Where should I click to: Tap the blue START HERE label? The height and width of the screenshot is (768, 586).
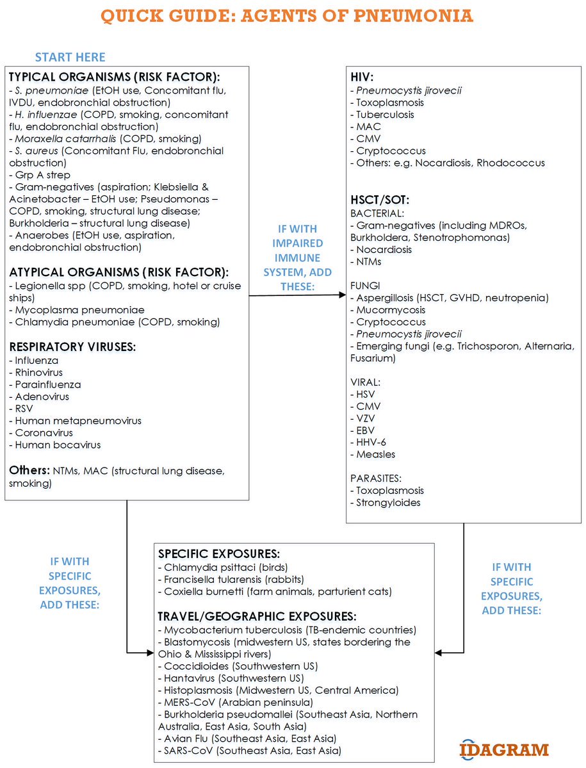pyautogui.click(x=70, y=58)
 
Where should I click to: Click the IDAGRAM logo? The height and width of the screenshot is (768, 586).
pyautogui.click(x=504, y=749)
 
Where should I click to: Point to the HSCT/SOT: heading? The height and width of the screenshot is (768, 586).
pyautogui.click(x=380, y=199)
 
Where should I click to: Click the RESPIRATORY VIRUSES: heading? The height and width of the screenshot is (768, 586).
pyautogui.click(x=74, y=347)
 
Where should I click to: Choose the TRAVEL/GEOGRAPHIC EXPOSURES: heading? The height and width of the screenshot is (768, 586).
pyautogui.click(x=257, y=617)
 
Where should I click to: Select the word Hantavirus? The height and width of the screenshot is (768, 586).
pyautogui.click(x=190, y=678)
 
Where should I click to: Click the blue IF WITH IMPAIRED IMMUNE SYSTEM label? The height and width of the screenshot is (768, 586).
pyautogui.click(x=297, y=257)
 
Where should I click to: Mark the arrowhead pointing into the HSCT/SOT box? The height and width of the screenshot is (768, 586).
pyautogui.click(x=343, y=295)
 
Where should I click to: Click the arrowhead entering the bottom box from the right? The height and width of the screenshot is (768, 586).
pyautogui.click(x=439, y=653)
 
